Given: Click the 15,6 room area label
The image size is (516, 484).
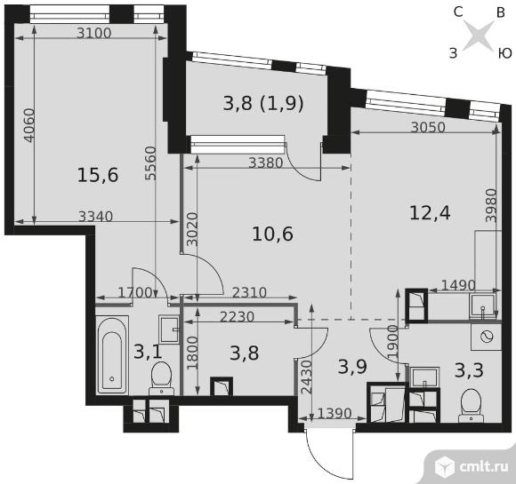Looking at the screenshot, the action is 98,175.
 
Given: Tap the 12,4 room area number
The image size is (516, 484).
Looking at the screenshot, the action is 430,212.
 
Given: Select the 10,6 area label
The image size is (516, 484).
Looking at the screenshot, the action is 272,234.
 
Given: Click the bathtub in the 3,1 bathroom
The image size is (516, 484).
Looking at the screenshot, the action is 112,355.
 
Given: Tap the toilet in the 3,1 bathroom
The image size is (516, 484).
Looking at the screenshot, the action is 162,377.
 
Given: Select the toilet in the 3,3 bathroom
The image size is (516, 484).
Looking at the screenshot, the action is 472,405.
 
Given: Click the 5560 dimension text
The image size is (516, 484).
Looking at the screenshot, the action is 150,163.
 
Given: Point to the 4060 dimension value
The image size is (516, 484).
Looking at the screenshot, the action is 29,125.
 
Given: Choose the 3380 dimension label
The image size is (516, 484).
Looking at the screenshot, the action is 266,163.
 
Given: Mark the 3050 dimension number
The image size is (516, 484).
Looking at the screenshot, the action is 428,127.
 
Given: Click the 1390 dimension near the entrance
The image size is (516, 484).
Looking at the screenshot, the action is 335,413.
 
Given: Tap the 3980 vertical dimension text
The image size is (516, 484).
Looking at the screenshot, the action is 491,206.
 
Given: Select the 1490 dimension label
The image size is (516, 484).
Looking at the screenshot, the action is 458,285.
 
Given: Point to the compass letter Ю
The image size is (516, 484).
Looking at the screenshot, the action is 504,53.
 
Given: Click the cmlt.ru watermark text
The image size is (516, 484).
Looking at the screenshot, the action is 483,466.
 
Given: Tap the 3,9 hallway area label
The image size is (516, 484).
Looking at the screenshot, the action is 352,367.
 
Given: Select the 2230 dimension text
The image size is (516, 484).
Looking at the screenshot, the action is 237,317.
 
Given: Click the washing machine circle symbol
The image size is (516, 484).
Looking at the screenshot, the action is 487,337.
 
